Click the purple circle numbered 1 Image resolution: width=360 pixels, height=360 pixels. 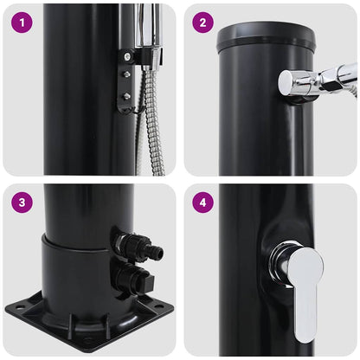[x=21, y=21]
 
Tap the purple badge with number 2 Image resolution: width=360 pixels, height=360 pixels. [x=202, y=21]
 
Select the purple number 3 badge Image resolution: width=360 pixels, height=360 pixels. [x=21, y=202]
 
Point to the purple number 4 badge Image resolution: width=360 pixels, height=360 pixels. [x=202, y=202]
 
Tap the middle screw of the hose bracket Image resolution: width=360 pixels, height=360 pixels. [x=126, y=75]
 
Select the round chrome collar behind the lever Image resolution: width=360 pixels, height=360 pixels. [x=279, y=263]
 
